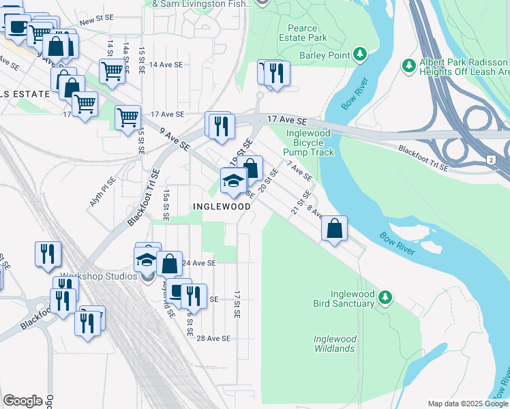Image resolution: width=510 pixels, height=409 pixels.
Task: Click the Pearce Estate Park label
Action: click(x=303, y=33)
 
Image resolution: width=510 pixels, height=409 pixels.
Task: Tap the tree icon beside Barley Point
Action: click(x=360, y=54)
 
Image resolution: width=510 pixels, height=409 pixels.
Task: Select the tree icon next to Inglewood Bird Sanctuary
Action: click(x=385, y=297)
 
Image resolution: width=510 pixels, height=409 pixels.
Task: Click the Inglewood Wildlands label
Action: click(x=334, y=344)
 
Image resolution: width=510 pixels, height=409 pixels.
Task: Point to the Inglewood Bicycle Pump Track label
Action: click(x=308, y=142)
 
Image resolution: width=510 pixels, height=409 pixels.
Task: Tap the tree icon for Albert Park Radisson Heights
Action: click(x=409, y=65)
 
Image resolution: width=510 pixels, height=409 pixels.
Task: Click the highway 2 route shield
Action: click(x=490, y=159)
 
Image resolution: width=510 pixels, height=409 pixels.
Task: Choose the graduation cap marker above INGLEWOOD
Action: click(x=232, y=181)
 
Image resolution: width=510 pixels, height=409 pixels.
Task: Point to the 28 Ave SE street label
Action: click(x=213, y=338)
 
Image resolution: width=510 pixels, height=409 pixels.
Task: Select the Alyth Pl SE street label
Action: click(x=103, y=193)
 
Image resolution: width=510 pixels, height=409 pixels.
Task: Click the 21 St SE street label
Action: click(x=296, y=202)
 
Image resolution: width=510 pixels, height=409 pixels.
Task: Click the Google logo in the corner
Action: click(x=22, y=401)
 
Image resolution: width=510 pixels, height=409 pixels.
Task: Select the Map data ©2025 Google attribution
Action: click(x=467, y=404)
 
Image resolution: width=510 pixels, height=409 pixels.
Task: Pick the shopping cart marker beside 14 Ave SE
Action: click(x=111, y=70)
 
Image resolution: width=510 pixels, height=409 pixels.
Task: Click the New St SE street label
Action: click(x=95, y=22)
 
